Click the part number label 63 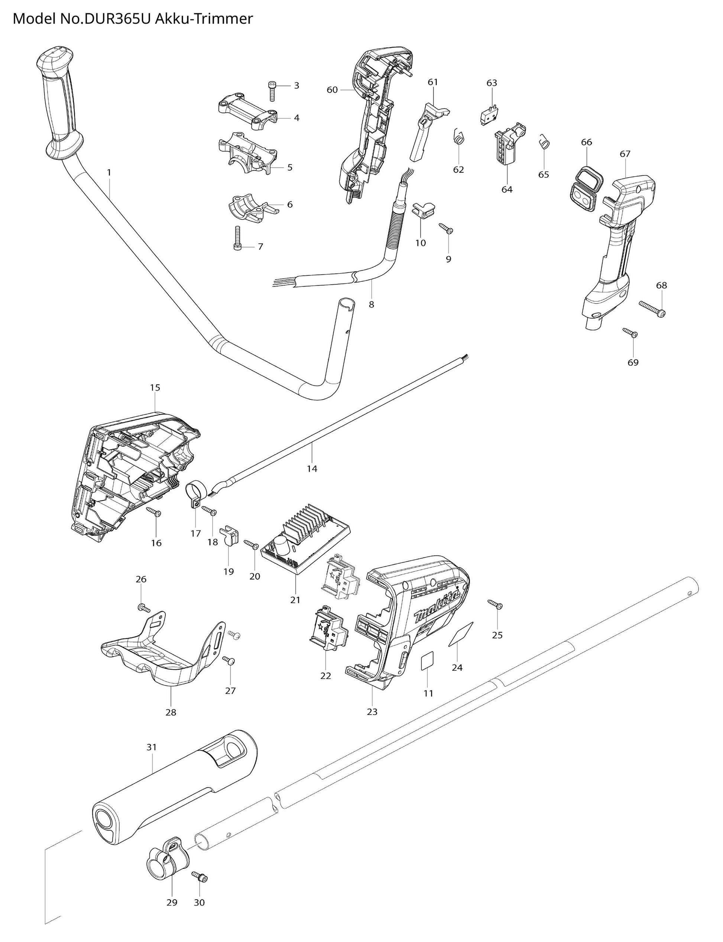coord(492,82)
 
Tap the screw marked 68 coord(652,308)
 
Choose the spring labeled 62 coord(459,138)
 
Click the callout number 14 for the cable coord(312,468)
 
